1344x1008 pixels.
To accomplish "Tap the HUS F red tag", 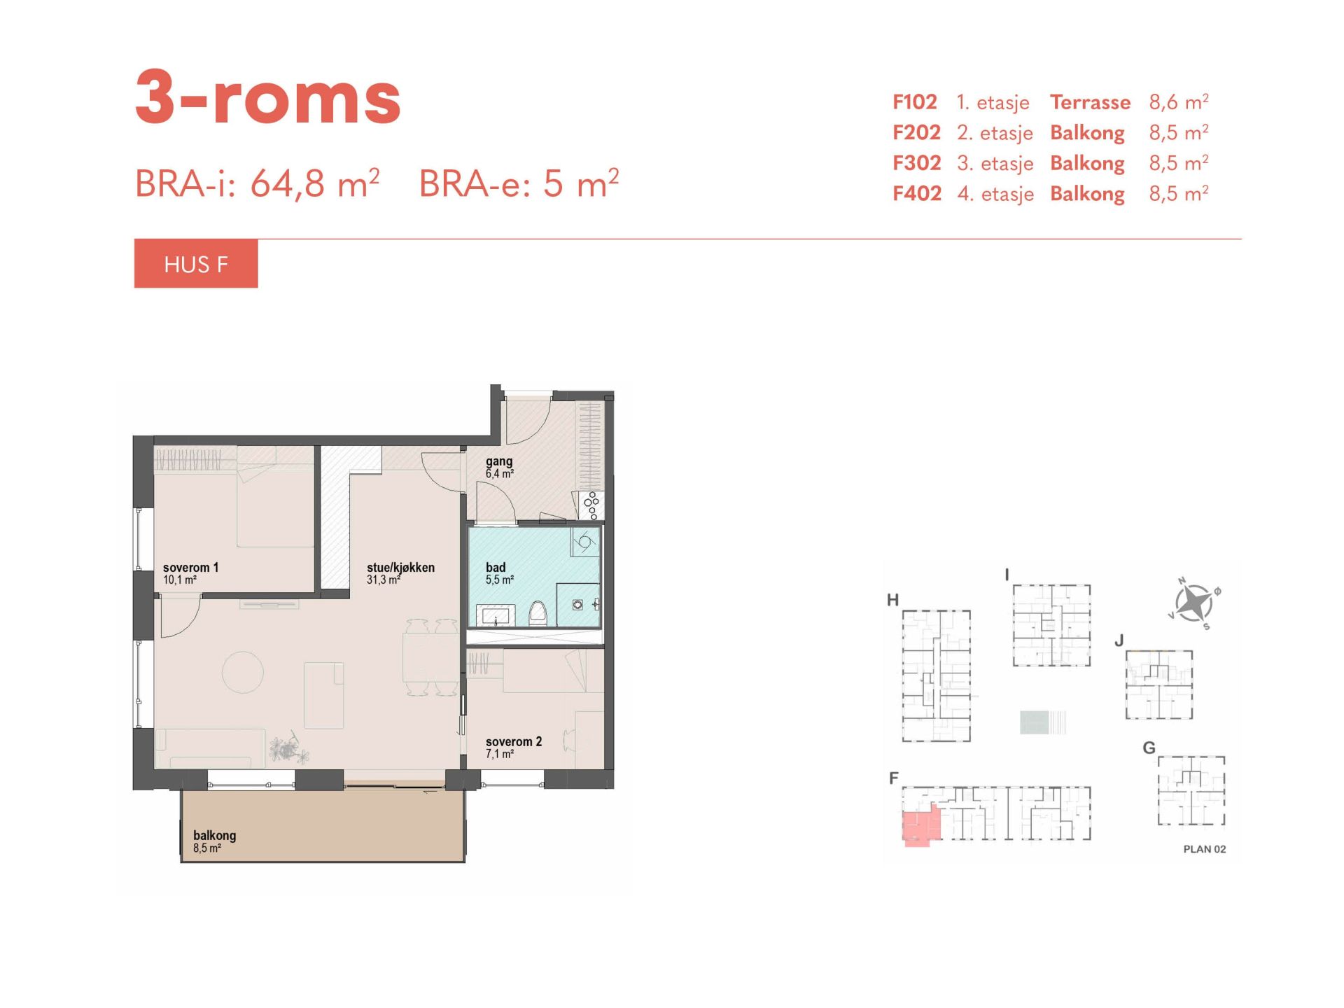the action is [196, 264].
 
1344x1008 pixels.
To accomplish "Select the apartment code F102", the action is [914, 102].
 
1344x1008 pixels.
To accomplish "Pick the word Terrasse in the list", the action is [1090, 102].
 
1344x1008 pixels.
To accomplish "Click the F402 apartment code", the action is [917, 193].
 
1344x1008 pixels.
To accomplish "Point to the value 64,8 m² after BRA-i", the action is [315, 183].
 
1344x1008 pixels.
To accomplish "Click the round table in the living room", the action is [243, 672].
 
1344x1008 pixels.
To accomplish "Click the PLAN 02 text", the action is [1205, 849].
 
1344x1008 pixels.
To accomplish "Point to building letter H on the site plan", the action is [892, 600].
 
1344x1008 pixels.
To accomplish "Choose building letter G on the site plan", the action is [1149, 748].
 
